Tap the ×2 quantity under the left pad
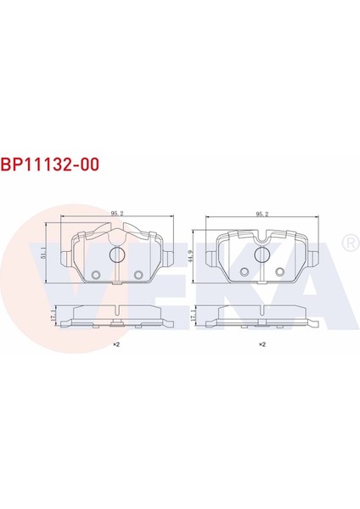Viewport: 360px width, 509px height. (116, 345)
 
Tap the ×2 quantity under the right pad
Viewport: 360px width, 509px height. (262, 345)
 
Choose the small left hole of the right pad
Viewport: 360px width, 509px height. (245, 271)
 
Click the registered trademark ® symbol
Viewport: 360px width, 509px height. (347, 244)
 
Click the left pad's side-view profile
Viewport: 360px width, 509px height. (117, 315)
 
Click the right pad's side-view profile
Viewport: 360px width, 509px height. (263, 315)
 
